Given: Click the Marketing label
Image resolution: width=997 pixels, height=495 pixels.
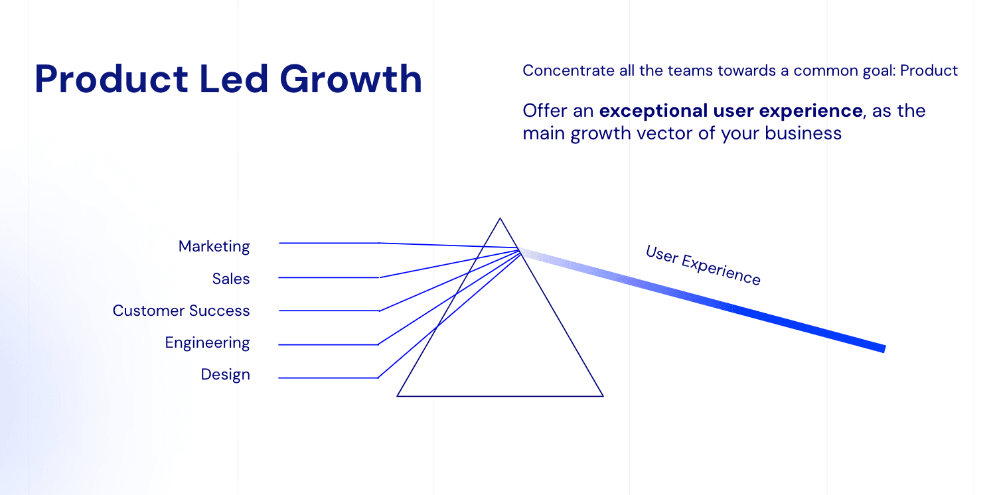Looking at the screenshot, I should (214, 246).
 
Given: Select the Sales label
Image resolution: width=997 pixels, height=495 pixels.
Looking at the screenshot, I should (231, 279).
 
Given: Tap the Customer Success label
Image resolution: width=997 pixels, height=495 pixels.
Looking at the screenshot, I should (181, 311).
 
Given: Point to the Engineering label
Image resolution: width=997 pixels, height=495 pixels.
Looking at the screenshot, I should (207, 342).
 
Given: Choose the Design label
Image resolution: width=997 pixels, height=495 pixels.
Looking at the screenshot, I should (225, 374).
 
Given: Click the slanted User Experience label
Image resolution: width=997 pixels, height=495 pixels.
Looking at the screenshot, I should (703, 265).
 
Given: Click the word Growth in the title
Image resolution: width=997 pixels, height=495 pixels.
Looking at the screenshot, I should (350, 79).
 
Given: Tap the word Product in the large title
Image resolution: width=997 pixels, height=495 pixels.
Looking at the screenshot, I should (112, 79).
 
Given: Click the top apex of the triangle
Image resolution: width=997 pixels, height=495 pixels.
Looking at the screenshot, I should (500, 218).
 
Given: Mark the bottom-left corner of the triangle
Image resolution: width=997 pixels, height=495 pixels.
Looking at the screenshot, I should (398, 395).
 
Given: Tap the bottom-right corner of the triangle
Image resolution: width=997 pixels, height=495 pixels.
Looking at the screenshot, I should (602, 395).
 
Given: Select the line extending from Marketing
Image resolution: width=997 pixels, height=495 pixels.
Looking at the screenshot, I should (329, 243).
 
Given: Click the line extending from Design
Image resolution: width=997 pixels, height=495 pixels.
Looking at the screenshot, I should (329, 378).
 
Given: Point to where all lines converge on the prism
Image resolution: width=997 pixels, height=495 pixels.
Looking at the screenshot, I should (518, 249).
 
